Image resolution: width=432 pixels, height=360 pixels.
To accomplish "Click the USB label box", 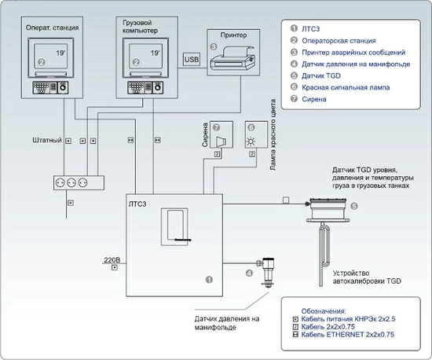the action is (x=192, y=59).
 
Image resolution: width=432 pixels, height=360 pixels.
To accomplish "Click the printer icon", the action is (x=232, y=59).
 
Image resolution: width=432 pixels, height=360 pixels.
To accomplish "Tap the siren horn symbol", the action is (x=221, y=141).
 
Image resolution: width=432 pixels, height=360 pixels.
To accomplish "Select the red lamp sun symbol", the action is (x=251, y=141).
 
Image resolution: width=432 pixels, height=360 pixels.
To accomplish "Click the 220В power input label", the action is (x=112, y=259).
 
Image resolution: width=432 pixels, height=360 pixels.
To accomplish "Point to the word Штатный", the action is (x=47, y=140).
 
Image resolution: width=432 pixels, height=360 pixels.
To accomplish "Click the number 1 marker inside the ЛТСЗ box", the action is (x=209, y=280).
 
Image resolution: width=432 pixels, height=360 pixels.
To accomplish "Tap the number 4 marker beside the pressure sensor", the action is (x=249, y=274).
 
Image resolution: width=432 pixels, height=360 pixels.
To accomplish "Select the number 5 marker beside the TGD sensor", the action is (x=354, y=206).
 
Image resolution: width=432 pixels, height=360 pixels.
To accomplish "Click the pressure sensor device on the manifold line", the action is (x=266, y=272).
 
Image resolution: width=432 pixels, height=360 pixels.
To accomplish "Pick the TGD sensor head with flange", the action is (x=328, y=210).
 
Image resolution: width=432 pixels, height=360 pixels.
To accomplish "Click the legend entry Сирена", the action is (x=314, y=99).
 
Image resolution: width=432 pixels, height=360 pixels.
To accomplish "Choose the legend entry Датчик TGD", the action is (x=321, y=75).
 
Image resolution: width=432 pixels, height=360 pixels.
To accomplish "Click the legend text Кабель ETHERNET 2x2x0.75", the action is (x=347, y=335).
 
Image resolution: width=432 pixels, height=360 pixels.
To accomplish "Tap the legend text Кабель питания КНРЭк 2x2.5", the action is (x=348, y=319).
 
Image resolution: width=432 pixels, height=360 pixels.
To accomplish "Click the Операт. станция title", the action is (x=52, y=28).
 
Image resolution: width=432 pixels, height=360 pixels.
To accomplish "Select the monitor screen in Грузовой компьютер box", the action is (x=145, y=56).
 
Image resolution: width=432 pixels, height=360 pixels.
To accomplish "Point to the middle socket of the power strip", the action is (x=71, y=182).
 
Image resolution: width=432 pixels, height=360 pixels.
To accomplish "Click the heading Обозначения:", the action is (x=324, y=311).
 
